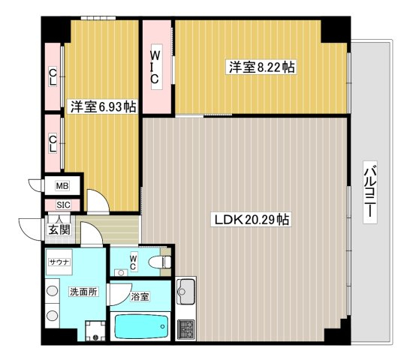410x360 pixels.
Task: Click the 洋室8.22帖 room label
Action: pos(261,67)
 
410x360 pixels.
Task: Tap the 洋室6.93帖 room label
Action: pos(103,106)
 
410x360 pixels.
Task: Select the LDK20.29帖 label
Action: pos(252,220)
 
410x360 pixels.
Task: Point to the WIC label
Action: pos(155,67)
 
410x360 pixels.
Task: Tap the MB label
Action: pos(62,186)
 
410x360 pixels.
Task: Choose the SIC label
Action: pos(63,205)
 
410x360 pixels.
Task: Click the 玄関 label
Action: pos(59,230)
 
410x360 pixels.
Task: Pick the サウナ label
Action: pos(59,262)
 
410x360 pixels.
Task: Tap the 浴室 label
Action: pos(140,296)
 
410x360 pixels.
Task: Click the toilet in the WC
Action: pos(159,262)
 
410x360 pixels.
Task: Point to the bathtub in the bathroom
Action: pos(141,326)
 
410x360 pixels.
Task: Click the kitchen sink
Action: pos(186,291)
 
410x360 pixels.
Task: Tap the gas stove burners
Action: pos(186,330)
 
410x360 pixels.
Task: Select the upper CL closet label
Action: pos(53,76)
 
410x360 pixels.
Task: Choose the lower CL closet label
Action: pos(53,143)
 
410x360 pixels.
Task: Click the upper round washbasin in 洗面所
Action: pos(53,291)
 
